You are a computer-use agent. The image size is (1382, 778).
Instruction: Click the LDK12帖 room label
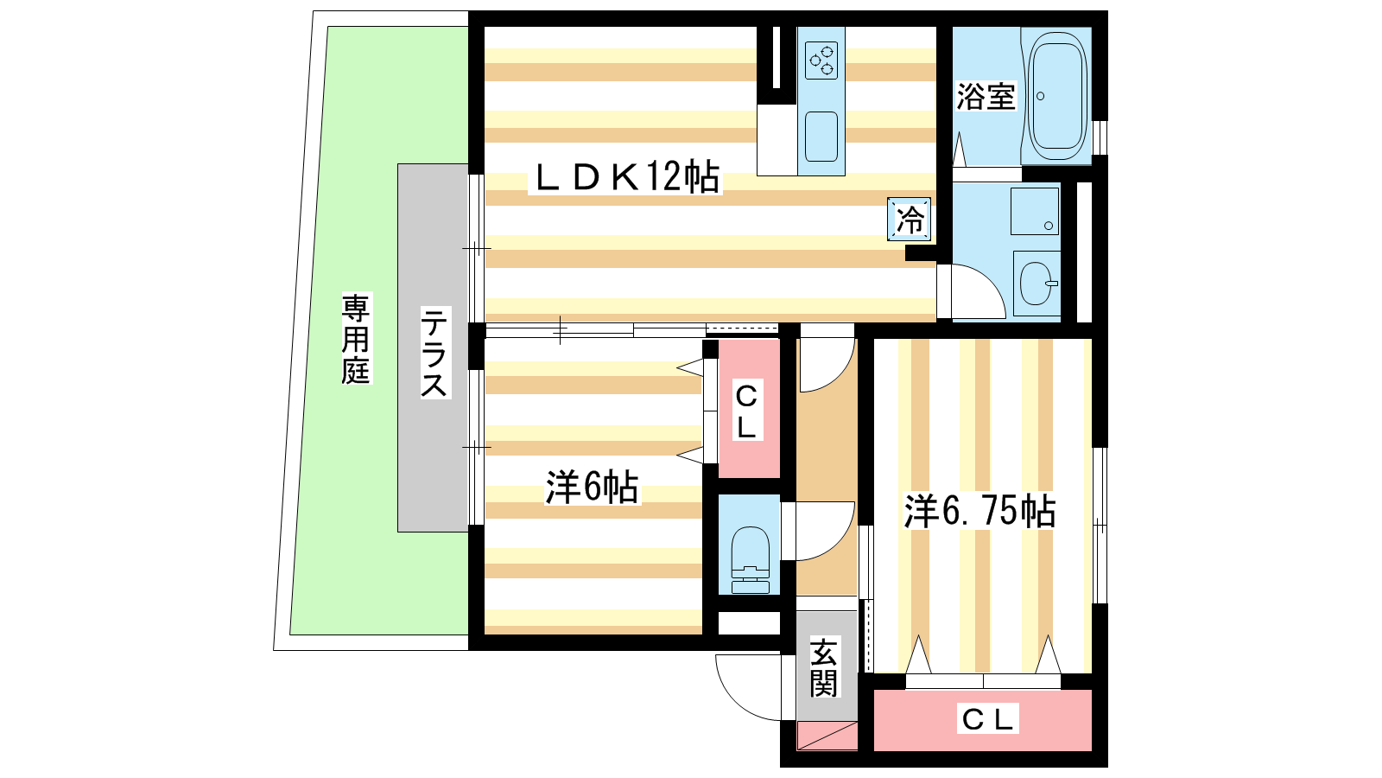click(x=625, y=177)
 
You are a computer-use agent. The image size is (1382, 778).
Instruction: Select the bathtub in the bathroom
click(x=1057, y=96)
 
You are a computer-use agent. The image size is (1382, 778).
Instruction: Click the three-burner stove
click(x=821, y=61)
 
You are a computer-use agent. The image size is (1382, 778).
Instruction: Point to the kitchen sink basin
click(x=821, y=137)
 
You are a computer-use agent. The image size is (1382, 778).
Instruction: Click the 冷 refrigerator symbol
click(x=909, y=220)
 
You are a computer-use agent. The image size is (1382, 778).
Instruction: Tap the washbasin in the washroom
click(x=1037, y=284)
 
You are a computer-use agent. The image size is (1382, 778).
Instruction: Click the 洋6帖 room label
click(x=592, y=488)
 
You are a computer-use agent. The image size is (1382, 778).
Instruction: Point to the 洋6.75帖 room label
click(x=979, y=511)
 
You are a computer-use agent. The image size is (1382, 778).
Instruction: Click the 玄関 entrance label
click(x=824, y=668)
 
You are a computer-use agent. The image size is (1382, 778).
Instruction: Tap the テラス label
click(x=434, y=353)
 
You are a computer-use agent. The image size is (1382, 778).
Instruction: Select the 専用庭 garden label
click(x=356, y=339)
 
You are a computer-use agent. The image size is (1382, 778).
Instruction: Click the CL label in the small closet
click(x=746, y=410)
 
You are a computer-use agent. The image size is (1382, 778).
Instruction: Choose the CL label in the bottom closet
click(x=987, y=719)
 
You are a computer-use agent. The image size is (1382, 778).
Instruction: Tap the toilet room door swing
click(x=838, y=544)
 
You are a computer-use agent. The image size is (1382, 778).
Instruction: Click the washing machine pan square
click(x=1035, y=211)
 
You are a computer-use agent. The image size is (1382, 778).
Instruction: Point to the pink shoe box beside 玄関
click(x=827, y=736)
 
